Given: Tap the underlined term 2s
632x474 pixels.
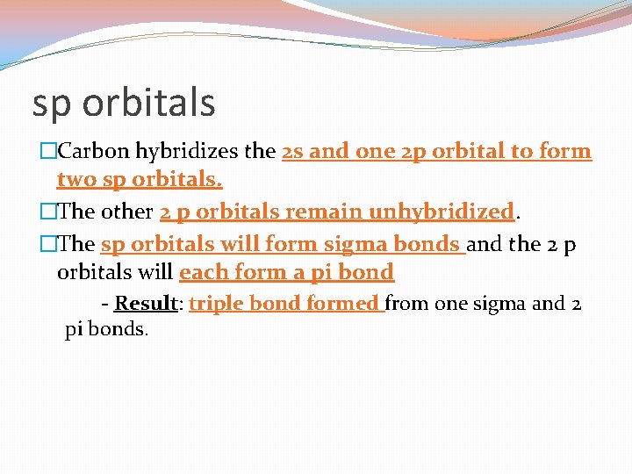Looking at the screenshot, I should click(x=293, y=151).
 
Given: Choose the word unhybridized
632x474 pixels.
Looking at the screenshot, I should click(x=440, y=212).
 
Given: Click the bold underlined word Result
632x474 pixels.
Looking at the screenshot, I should click(x=147, y=304).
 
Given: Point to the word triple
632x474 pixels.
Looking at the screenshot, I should click(x=216, y=304).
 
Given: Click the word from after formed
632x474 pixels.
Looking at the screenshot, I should click(x=406, y=304).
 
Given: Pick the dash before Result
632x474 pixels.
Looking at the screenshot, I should click(x=104, y=304).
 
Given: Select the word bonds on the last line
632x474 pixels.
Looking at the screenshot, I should click(x=121, y=331).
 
